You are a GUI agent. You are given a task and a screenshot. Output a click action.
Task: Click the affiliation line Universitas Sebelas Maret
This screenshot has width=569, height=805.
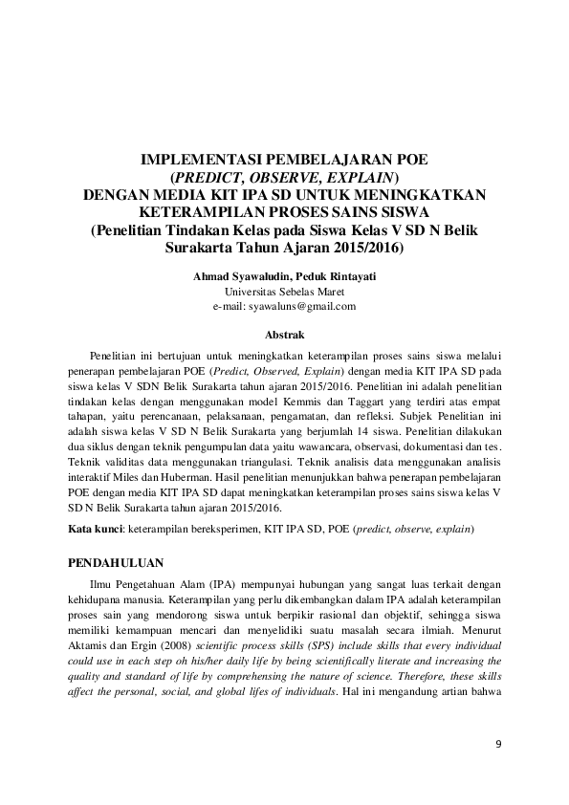pyautogui.click(x=284, y=292)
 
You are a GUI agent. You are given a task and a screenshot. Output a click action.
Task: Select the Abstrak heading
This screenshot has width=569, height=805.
pyautogui.click(x=284, y=336)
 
